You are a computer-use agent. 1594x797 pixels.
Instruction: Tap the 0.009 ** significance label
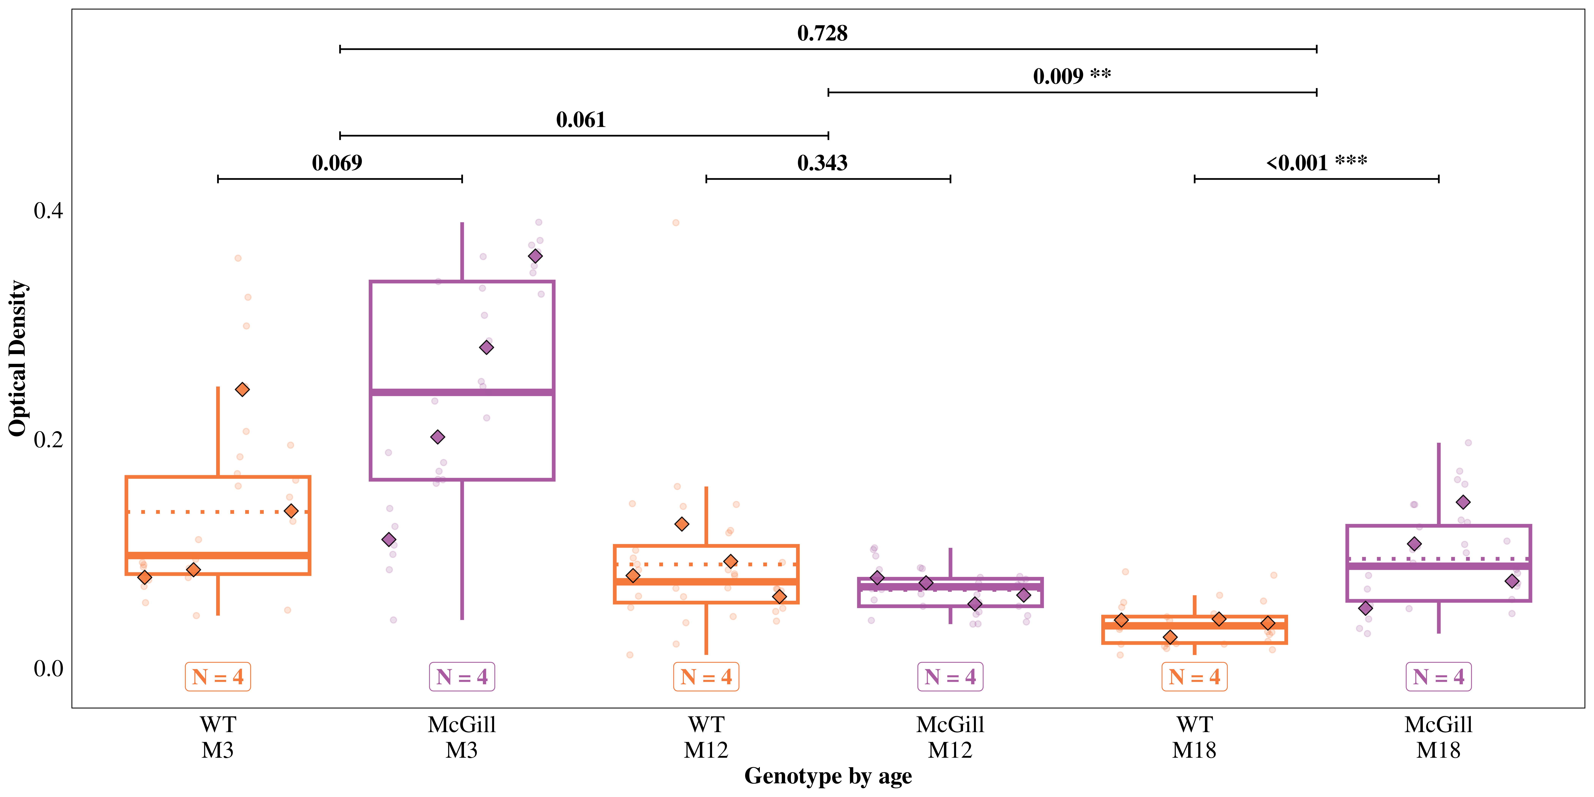[x=1072, y=76]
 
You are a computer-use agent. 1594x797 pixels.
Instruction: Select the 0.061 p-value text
[x=580, y=120]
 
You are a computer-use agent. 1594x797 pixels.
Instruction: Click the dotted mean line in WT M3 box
[x=218, y=512]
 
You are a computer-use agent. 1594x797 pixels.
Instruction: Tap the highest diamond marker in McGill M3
[x=535, y=256]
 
